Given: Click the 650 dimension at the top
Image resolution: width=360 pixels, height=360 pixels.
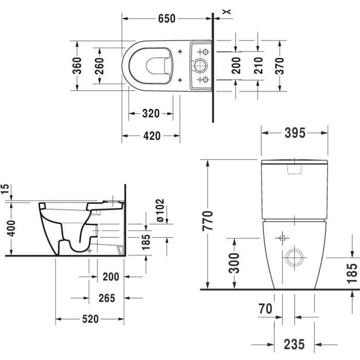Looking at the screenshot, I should (x=167, y=19).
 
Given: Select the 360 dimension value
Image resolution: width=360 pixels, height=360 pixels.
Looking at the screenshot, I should (x=77, y=66).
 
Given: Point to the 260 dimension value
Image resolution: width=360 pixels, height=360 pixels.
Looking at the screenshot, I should (x=99, y=66).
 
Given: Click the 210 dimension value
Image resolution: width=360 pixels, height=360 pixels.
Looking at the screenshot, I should (x=258, y=65).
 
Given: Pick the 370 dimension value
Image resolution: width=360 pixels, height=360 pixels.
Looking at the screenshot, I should (x=280, y=65).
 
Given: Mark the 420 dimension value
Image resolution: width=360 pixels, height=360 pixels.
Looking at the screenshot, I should (x=151, y=136).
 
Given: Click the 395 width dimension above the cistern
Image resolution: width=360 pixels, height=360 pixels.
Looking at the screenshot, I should (x=295, y=133).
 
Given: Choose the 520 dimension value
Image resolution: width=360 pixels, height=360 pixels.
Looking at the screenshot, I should (x=90, y=319).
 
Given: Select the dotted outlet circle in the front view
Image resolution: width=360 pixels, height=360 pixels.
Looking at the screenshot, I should (x=294, y=257).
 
